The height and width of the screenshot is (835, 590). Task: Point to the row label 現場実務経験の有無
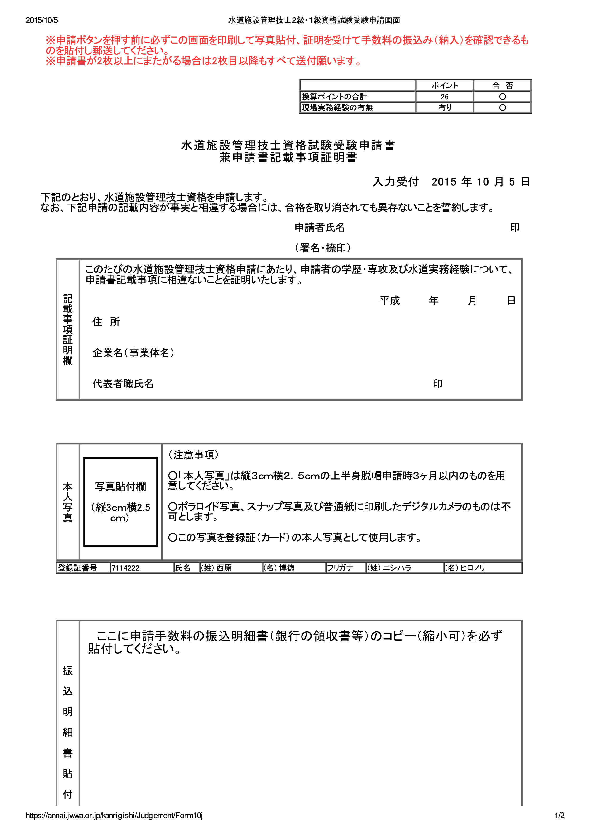click(x=337, y=108)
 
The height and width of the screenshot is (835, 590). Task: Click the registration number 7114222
click(x=125, y=568)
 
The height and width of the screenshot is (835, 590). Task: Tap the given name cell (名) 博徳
click(x=279, y=568)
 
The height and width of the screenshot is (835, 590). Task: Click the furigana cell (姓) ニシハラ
click(x=389, y=568)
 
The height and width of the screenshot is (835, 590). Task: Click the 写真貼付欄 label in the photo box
click(x=120, y=487)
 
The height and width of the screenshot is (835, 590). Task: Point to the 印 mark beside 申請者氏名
click(x=514, y=228)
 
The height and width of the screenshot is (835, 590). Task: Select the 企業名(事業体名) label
click(x=133, y=353)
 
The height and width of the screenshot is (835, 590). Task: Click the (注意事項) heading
click(x=193, y=455)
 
